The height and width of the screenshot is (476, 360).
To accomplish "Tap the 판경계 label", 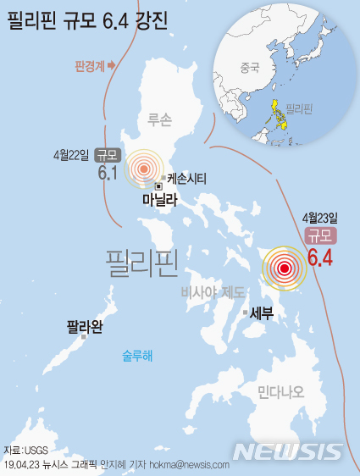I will pos(89,65).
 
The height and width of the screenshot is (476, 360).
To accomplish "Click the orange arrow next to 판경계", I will pos(111,65).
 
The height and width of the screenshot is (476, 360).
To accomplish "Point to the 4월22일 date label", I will pos(70,155).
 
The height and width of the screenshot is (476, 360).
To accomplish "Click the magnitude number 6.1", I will pos(107,173).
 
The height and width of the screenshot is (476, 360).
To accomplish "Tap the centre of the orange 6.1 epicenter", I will pos(143,169).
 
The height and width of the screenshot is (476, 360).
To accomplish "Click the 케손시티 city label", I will pos(186,179).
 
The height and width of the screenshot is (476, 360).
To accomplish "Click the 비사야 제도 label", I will pos(213,292).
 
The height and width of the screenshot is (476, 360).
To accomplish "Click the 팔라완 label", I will pos(85,325).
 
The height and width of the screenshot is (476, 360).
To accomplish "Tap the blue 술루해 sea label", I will pos(137,357).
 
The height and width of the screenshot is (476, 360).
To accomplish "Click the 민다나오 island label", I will pos(280,391).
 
